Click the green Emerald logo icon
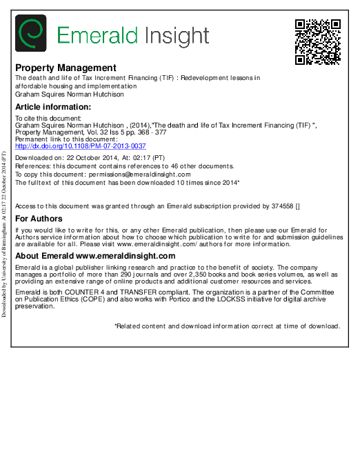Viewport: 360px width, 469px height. click(31, 34)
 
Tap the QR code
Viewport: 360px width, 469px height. click(318, 42)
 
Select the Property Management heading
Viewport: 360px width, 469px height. click(66, 68)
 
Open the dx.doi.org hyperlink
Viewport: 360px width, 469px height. click(81, 146)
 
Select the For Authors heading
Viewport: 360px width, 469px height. click(39, 219)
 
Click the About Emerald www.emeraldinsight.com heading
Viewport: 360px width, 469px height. click(95, 256)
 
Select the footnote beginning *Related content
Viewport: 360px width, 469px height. click(227, 326)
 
